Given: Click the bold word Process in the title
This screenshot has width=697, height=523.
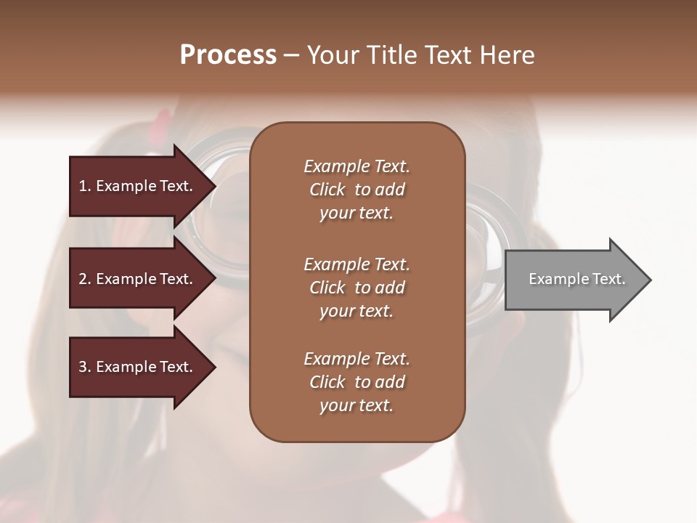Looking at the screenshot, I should [x=228, y=55].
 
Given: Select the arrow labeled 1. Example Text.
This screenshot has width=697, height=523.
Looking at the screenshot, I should [x=136, y=186].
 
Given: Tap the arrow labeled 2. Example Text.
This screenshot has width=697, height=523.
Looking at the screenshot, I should [x=136, y=279].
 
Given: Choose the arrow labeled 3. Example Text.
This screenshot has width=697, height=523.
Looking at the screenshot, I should [x=136, y=367].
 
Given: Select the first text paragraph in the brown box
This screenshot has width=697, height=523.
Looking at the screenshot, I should [x=356, y=190].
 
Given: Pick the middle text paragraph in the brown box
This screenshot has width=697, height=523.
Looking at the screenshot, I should [x=356, y=288].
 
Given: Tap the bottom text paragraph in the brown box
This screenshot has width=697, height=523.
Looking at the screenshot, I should [x=356, y=382].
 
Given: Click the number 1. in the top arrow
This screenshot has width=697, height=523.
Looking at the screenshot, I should [x=85, y=186].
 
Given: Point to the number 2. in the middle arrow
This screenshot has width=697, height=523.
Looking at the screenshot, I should [x=85, y=279].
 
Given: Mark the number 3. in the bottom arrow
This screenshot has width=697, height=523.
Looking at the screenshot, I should [x=85, y=367].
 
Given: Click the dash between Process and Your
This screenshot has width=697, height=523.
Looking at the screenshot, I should [x=291, y=56].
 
